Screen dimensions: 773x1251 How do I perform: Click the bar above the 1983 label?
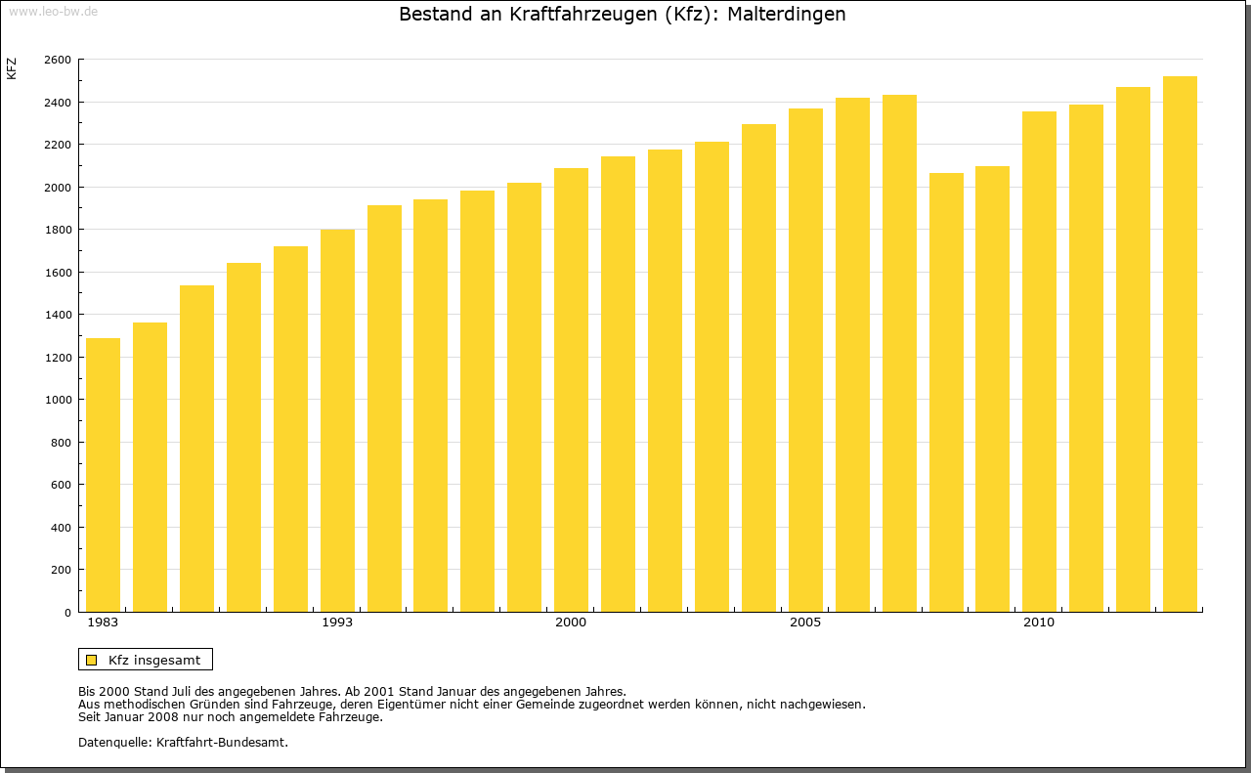103,475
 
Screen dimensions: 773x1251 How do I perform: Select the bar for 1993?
337,420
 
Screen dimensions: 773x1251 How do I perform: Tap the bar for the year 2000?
571,390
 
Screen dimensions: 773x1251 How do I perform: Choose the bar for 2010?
1039,362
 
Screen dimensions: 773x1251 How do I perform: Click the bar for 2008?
946,392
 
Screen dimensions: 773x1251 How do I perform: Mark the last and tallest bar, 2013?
1180,344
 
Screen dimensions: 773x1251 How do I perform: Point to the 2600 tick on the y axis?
58,60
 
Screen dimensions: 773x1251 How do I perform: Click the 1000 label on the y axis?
58,400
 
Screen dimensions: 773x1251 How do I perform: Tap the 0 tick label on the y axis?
66,613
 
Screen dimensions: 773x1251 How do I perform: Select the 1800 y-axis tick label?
58,230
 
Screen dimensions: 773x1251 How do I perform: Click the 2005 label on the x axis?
805,623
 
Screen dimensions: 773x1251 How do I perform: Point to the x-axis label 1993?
337,623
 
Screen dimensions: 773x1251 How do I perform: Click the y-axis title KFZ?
12,68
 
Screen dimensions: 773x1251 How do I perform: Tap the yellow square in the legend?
91,660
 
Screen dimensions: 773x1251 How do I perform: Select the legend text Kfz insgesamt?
154,660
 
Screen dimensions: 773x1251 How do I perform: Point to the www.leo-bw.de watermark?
53,10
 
